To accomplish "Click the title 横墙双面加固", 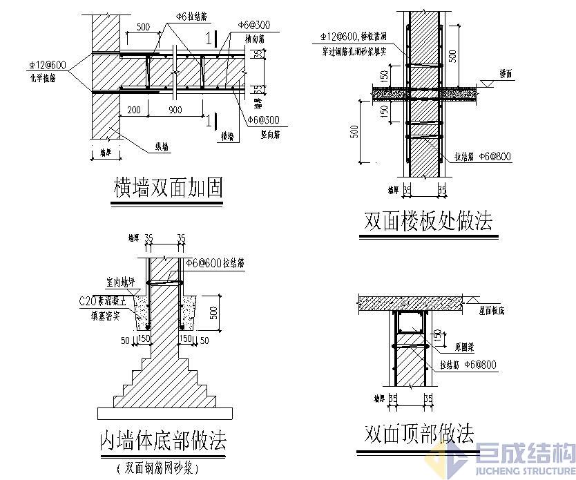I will coord(168,189).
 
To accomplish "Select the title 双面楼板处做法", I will coord(428,221).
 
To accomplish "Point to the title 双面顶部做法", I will coord(419,434).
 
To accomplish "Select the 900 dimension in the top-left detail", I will coord(175,110).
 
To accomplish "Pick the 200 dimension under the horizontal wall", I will coord(133,110).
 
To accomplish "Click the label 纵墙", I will coord(161,146).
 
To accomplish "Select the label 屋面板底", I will coord(492,311).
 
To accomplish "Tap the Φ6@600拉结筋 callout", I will coord(215,263).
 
